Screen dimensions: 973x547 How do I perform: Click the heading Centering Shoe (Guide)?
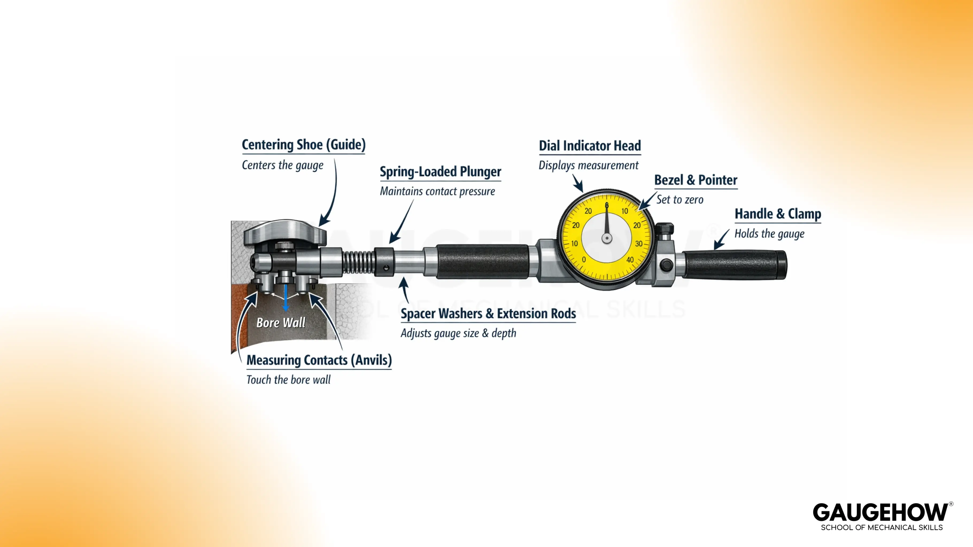303,144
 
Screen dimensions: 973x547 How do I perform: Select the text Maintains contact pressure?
437,192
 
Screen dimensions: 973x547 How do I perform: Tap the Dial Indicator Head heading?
590,146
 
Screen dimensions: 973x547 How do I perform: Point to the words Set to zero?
679,200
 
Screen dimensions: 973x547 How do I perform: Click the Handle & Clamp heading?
777,214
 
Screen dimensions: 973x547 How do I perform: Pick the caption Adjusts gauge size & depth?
458,333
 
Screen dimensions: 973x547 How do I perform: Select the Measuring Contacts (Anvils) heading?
319,360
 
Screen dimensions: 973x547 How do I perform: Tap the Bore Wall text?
281,323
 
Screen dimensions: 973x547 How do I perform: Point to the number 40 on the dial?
630,260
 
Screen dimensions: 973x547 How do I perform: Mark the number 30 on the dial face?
638,244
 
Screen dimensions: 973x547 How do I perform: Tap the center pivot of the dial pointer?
607,238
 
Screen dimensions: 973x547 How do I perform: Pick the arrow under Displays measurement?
578,183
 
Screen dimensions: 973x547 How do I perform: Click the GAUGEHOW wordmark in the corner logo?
880,513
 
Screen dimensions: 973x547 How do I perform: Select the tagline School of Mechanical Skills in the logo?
882,528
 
